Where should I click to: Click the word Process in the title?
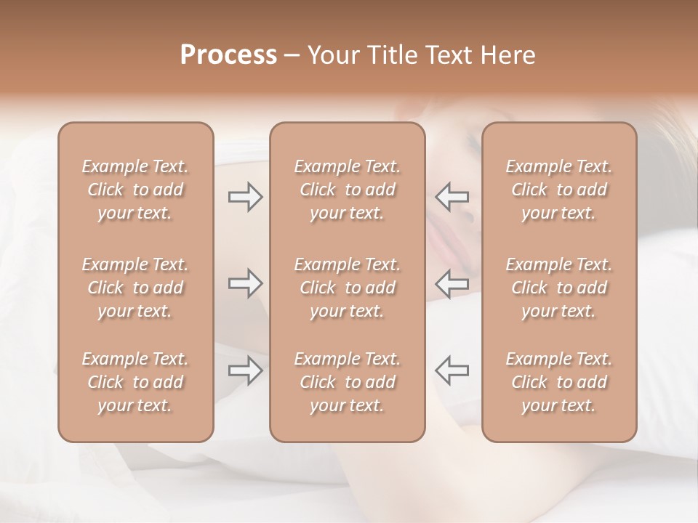click(228, 55)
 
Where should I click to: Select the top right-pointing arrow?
click(246, 196)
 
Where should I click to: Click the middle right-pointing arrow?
click(246, 283)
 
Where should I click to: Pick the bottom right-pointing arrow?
click(246, 370)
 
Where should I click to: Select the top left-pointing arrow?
click(452, 196)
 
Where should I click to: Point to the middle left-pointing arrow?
click(452, 283)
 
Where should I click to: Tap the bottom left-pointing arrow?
click(452, 370)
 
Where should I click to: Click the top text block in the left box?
click(135, 190)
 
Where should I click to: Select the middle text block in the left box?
click(135, 288)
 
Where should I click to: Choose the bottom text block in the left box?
click(135, 382)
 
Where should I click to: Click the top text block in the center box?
click(348, 190)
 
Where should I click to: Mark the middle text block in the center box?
click(348, 288)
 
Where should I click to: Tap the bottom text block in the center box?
click(348, 382)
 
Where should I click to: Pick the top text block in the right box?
click(559, 190)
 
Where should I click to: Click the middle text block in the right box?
click(559, 288)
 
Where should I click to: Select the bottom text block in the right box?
click(559, 382)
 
